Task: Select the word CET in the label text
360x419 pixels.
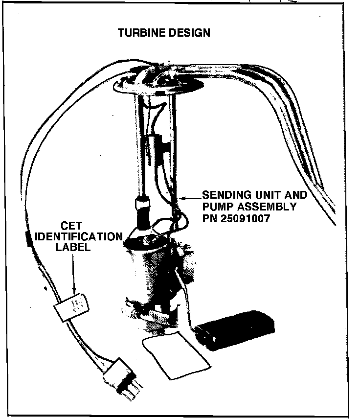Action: point(71,227)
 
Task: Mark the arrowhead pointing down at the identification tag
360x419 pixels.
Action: point(74,292)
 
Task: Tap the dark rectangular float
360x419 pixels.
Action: point(235,328)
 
